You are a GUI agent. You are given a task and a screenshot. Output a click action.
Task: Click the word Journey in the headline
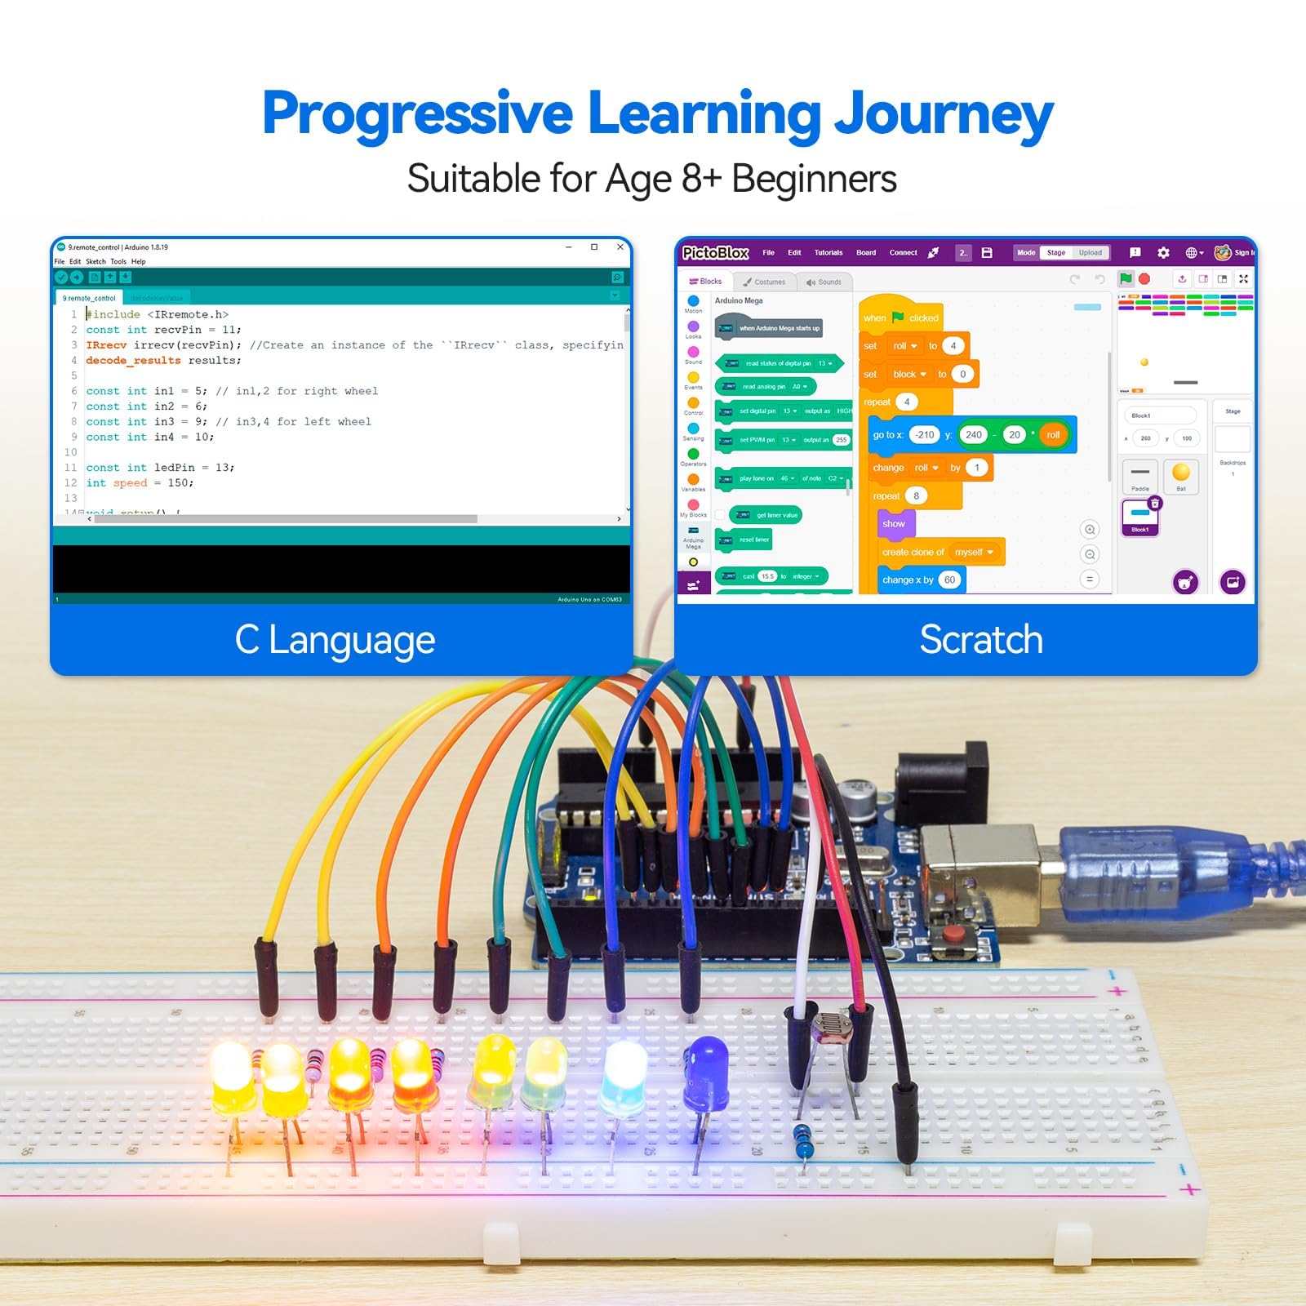point(943,114)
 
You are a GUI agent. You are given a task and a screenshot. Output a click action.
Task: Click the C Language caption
point(335,640)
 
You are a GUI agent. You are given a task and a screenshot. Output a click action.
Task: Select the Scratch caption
point(981,639)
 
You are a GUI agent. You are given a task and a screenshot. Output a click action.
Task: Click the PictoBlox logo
point(715,253)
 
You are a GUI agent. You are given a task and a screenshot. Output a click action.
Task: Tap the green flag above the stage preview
point(1126,278)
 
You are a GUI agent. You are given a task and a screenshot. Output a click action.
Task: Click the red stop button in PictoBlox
point(1144,279)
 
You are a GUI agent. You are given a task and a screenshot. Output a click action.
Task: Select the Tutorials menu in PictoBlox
point(828,253)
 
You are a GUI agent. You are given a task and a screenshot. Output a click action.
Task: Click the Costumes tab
point(765,282)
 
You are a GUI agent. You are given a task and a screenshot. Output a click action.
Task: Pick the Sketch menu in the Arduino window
point(96,262)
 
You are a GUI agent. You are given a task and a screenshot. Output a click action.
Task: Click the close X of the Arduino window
point(620,247)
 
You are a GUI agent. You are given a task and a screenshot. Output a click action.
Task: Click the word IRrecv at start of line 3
point(106,345)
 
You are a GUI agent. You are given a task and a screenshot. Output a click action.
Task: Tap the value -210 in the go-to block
point(925,435)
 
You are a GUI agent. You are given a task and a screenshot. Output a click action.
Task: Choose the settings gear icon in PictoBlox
point(1163,253)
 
